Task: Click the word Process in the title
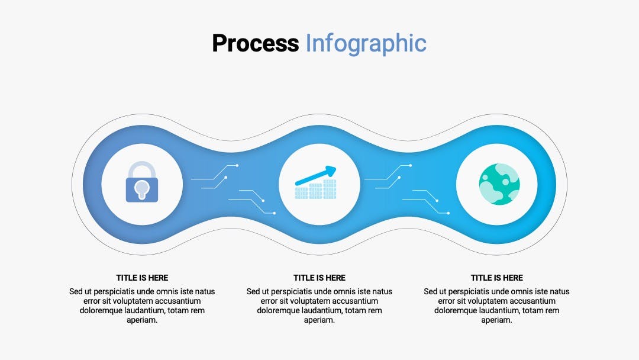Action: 256,44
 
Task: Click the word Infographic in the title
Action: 366,44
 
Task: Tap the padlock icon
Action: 142,182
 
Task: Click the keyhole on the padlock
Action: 142,189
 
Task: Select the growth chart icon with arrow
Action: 316,182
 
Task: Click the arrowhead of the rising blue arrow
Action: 331,171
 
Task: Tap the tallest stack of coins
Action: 330,189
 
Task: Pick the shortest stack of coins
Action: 301,193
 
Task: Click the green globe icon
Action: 499,184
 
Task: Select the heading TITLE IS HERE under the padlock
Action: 142,278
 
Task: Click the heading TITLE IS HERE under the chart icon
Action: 319,278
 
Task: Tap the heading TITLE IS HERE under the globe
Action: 497,278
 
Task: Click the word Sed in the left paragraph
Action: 76,291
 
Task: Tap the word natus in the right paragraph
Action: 558,291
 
